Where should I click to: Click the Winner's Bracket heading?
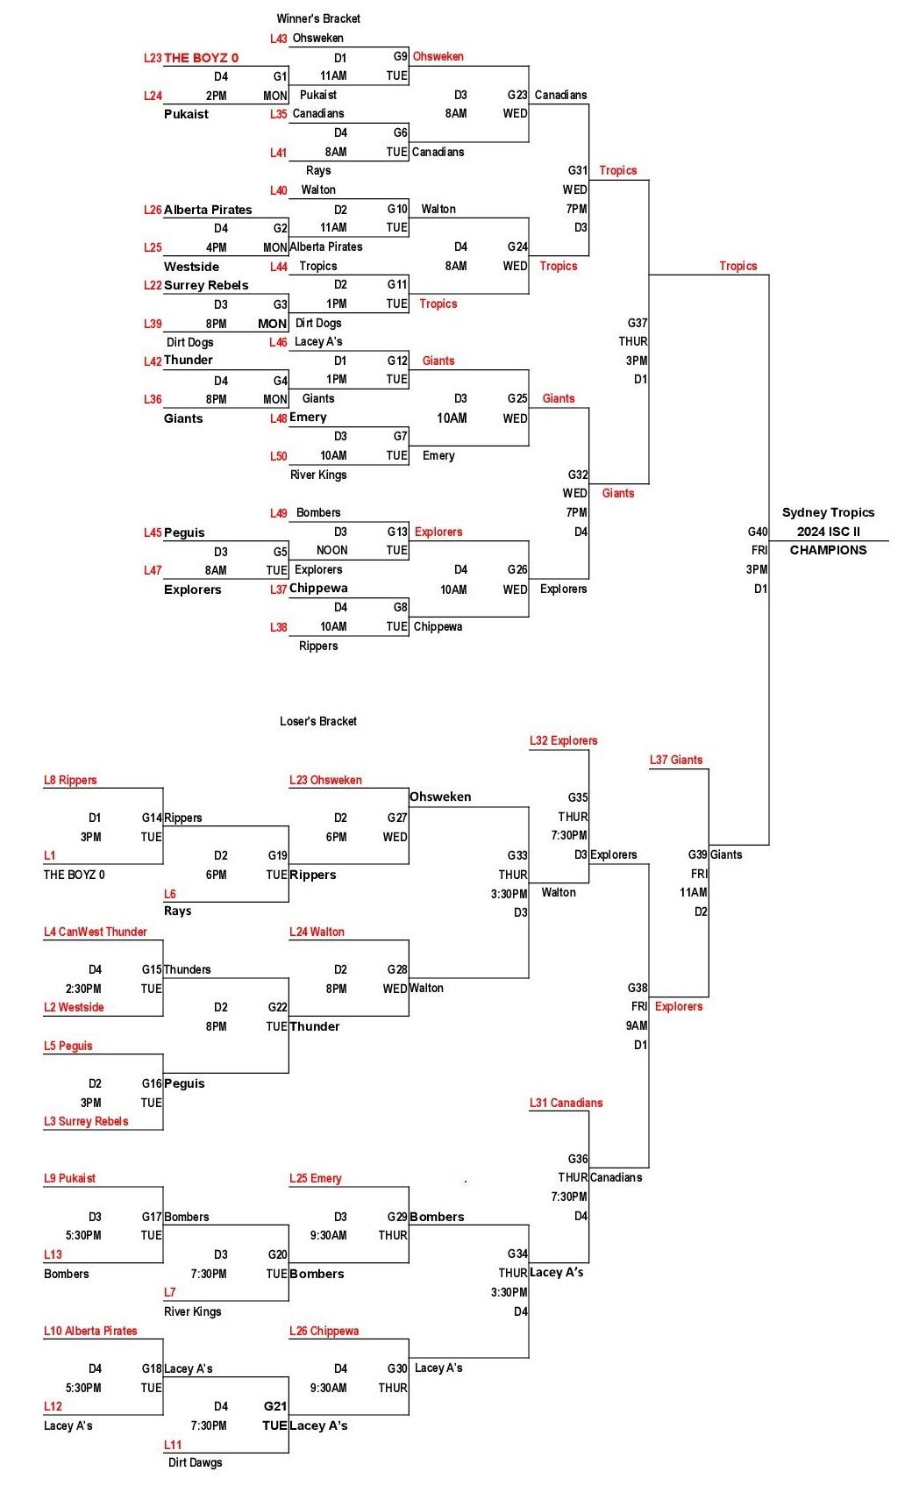click(x=318, y=18)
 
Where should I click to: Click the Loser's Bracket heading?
click(x=317, y=721)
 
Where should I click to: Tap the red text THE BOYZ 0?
click(x=201, y=58)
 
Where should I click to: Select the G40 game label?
click(x=758, y=532)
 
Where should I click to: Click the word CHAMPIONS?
click(x=828, y=550)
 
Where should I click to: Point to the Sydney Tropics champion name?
click(x=828, y=512)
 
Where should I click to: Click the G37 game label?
click(x=638, y=323)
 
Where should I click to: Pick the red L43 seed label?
click(x=279, y=39)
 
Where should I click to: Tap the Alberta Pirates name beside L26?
click(x=208, y=210)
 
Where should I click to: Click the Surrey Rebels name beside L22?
click(x=206, y=285)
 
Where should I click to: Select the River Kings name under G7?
click(x=318, y=475)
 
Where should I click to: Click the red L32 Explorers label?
click(x=563, y=740)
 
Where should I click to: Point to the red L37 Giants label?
click(x=676, y=760)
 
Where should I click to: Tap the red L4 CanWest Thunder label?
click(x=95, y=932)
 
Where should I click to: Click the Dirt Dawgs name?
click(x=195, y=1462)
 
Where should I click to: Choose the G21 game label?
click(x=275, y=1405)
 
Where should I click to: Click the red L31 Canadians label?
click(x=566, y=1103)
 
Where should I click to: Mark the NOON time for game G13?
click(x=331, y=550)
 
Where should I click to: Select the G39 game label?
click(x=698, y=854)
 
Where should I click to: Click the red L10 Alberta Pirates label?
click(x=90, y=1331)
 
